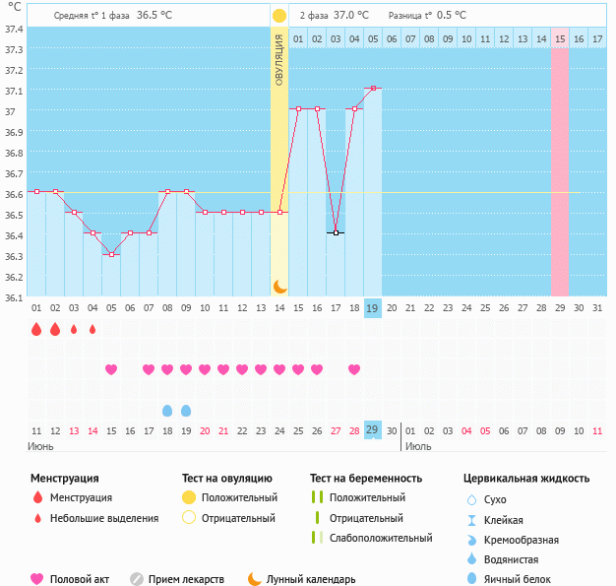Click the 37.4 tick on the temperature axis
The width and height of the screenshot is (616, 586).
pyautogui.click(x=14, y=29)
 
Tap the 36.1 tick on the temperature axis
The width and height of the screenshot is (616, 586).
pyautogui.click(x=14, y=297)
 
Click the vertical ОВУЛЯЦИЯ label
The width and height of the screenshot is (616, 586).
pyautogui.click(x=279, y=60)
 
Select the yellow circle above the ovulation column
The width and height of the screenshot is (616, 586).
pyautogui.click(x=279, y=16)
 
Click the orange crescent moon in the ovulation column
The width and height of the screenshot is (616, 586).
pyautogui.click(x=279, y=286)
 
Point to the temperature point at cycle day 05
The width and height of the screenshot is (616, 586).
pyautogui.click(x=111, y=254)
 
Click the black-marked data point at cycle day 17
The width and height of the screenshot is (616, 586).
pyautogui.click(x=336, y=233)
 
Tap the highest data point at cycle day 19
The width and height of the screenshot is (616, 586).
pyautogui.click(x=373, y=89)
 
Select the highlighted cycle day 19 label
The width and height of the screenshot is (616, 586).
pyautogui.click(x=373, y=308)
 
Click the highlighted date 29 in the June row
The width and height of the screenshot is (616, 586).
pyautogui.click(x=373, y=430)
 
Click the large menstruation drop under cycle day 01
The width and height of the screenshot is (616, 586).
pyautogui.click(x=36, y=330)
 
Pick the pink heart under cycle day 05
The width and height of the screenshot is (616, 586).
pyautogui.click(x=111, y=369)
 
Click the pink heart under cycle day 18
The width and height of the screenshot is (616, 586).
pyautogui.click(x=354, y=369)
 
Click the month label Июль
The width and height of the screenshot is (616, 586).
pyautogui.click(x=418, y=446)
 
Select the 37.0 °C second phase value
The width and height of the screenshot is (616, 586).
pyautogui.click(x=350, y=16)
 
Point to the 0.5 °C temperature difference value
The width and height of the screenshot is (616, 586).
pyautogui.click(x=452, y=16)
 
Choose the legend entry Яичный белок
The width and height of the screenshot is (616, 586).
pyautogui.click(x=515, y=579)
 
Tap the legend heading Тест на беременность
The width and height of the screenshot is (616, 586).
pyautogui.click(x=365, y=478)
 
